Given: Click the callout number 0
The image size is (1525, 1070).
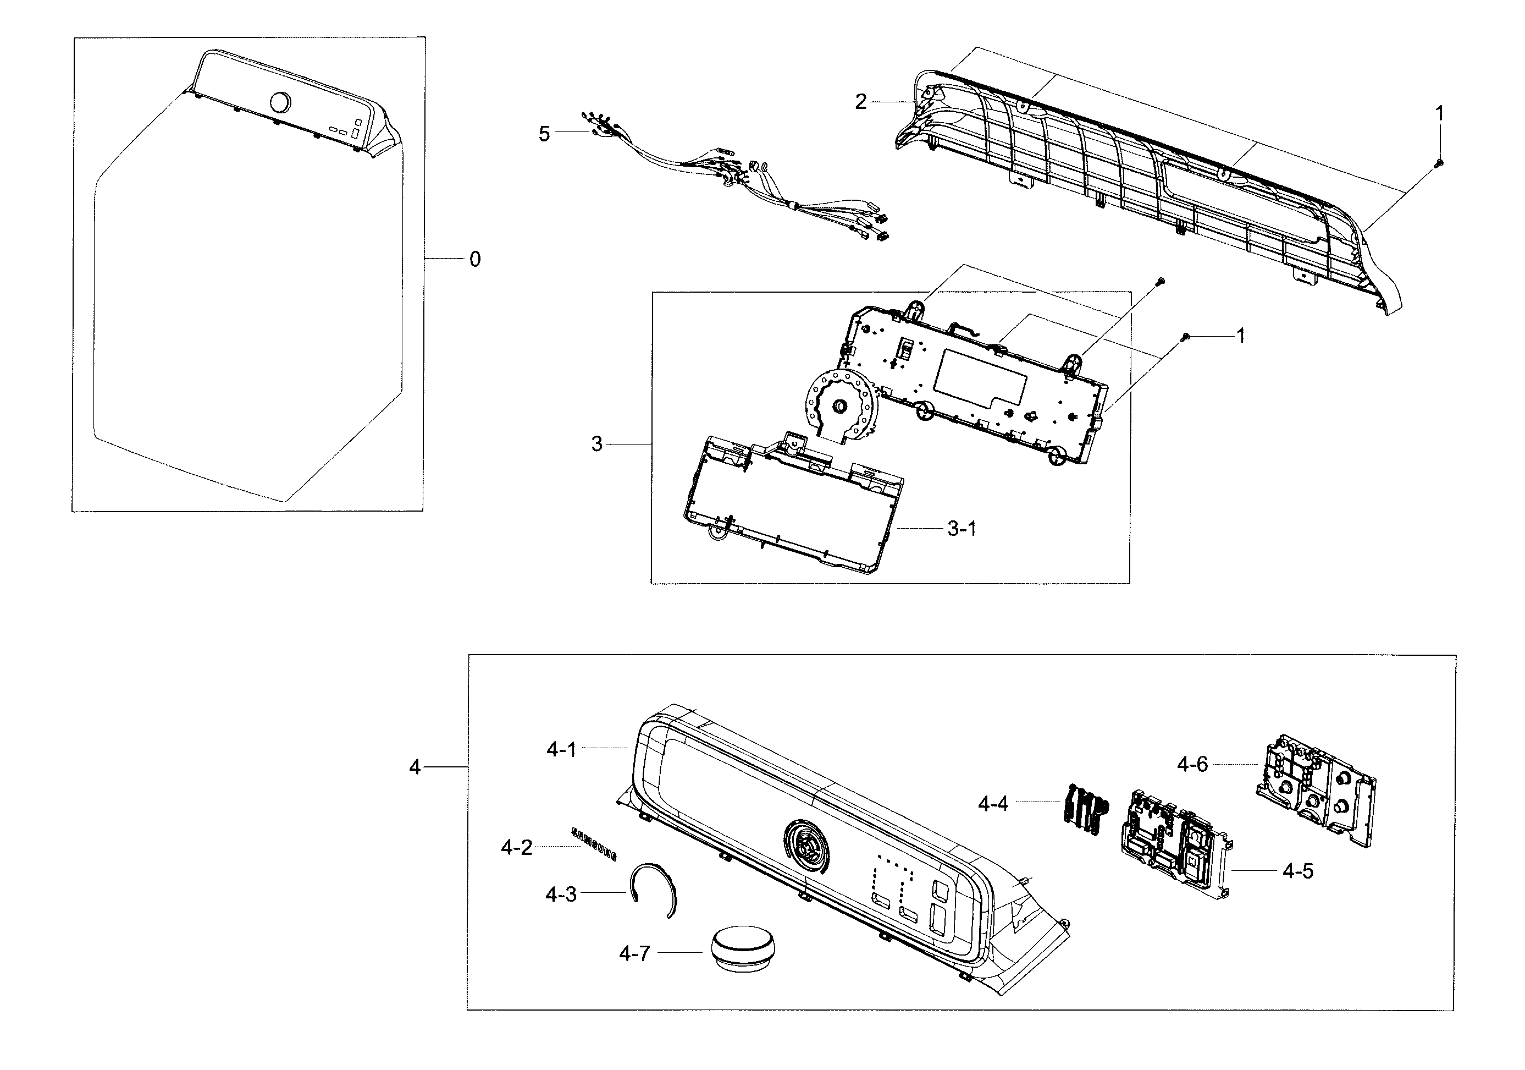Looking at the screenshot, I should coord(474,259).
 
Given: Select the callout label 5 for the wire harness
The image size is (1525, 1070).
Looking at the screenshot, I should coord(544,134).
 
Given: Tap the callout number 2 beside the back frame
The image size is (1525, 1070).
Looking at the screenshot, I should coord(860,102).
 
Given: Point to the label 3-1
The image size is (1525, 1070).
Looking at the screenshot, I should coord(961,529).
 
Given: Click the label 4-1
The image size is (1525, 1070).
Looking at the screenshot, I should coord(561,750).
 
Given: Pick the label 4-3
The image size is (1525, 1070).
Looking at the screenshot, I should coord(561,895).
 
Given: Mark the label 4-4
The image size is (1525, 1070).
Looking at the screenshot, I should coord(993,804).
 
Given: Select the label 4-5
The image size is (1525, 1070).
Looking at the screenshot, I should coord(1297,871).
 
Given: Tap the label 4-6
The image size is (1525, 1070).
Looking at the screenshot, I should coord(1192,765).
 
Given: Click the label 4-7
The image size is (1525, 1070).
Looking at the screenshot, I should coord(634,954).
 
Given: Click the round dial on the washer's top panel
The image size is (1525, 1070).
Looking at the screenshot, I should coord(280,103).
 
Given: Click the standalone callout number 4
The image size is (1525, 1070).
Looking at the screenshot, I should coord(415,767).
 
